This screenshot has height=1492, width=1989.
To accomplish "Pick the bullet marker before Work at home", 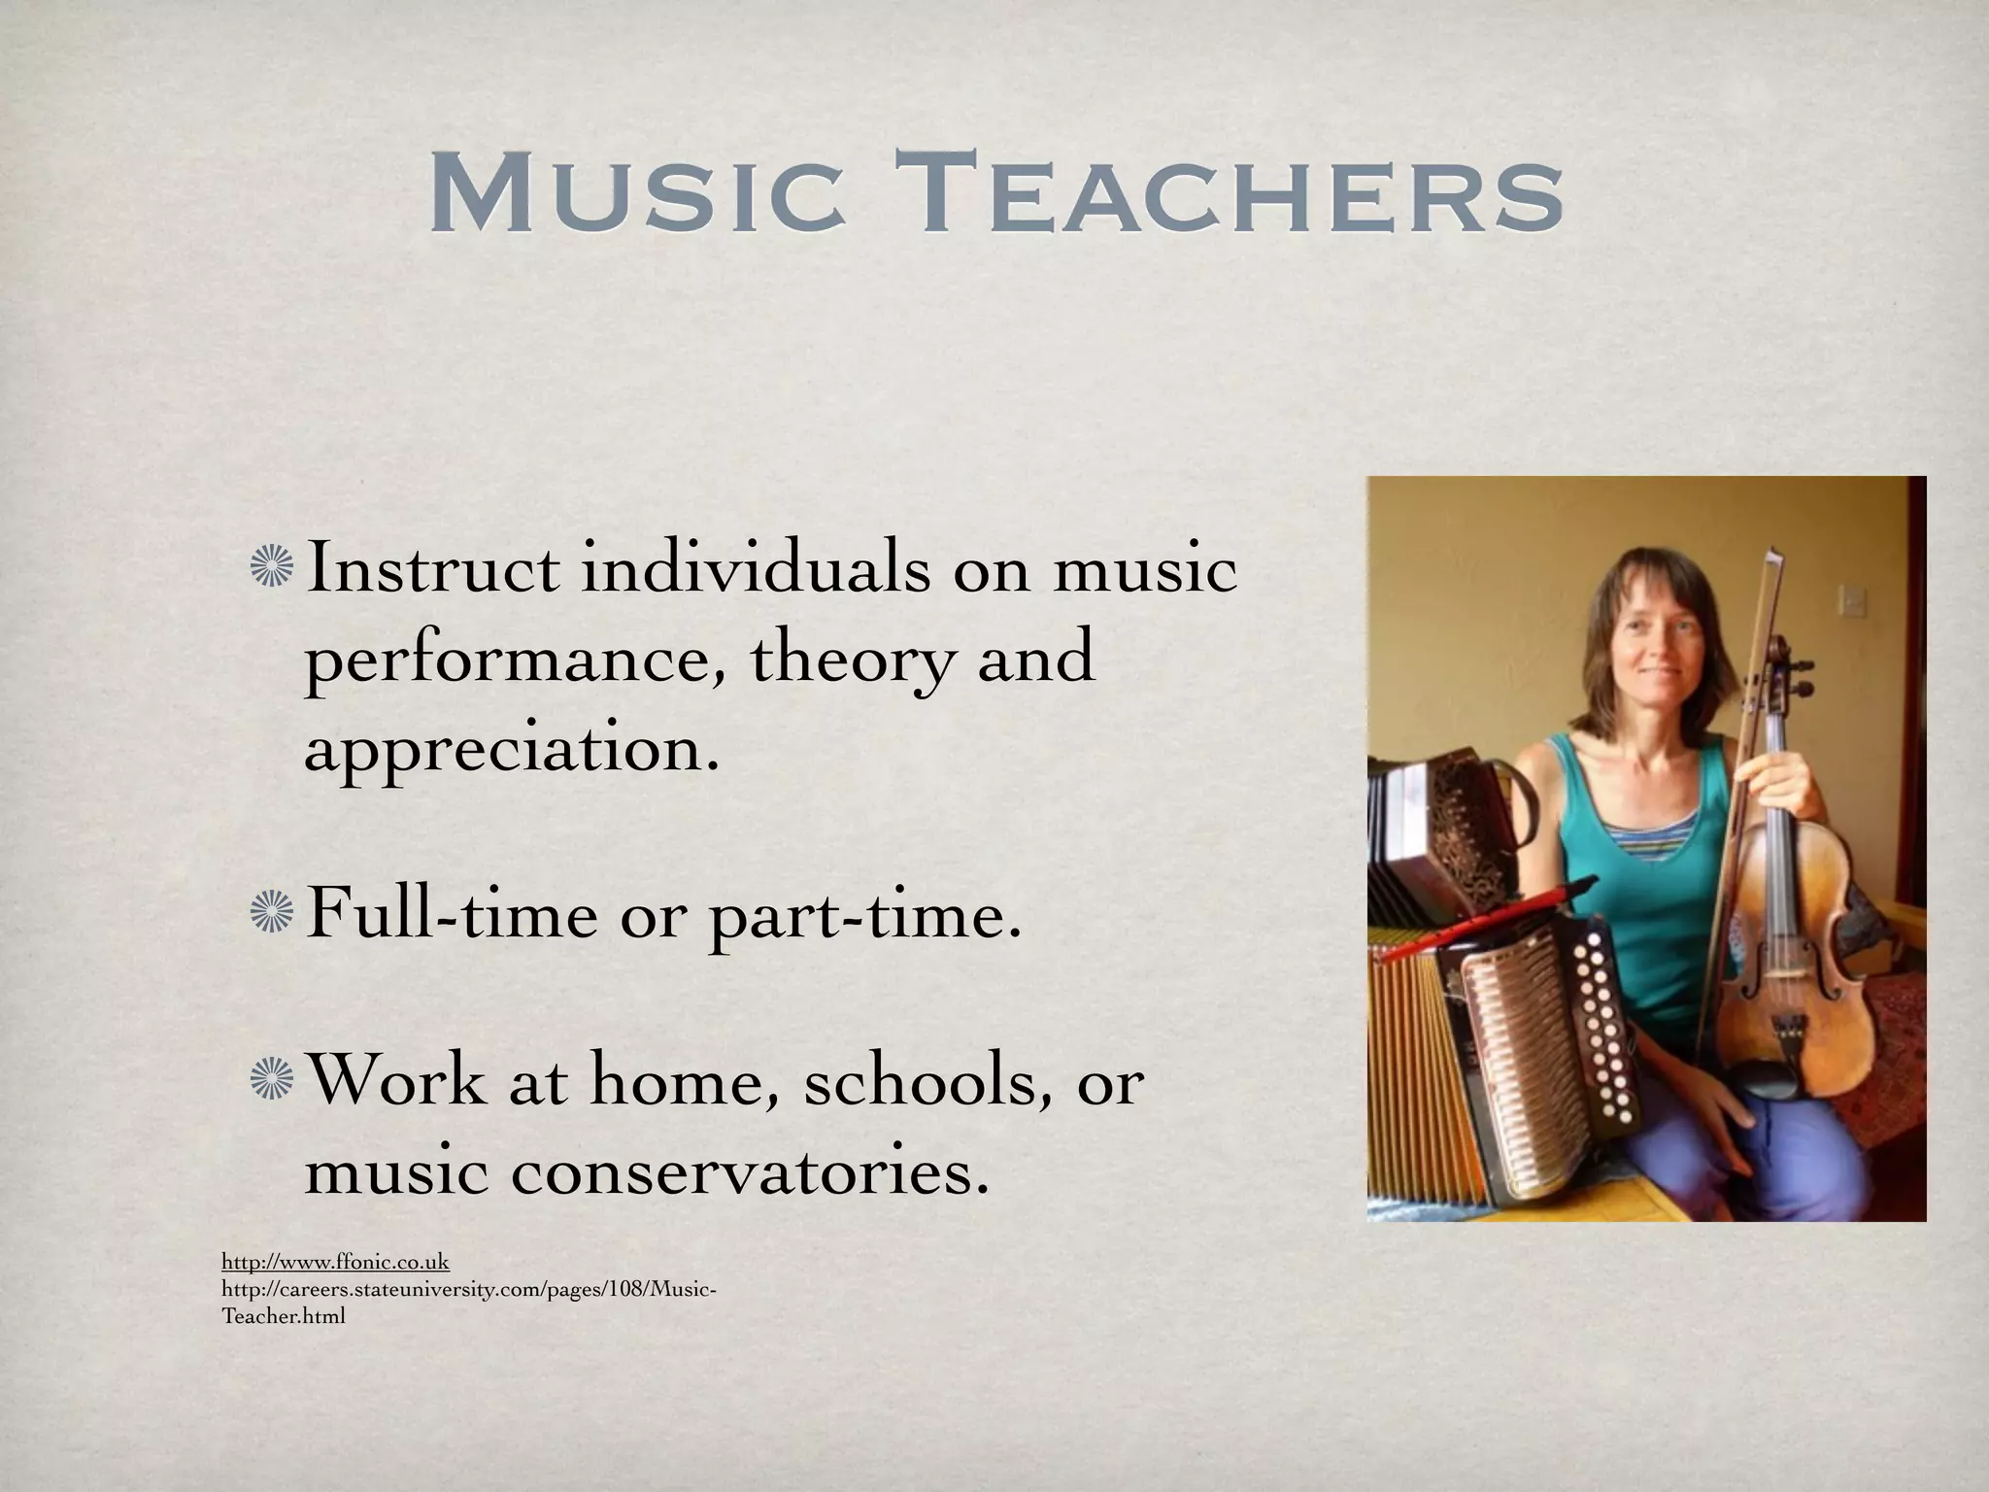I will (271, 1083).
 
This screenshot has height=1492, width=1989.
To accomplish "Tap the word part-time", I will (864, 918).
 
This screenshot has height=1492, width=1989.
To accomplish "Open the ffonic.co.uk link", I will (335, 1263).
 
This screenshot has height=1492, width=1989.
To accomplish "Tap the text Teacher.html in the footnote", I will (284, 1318).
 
